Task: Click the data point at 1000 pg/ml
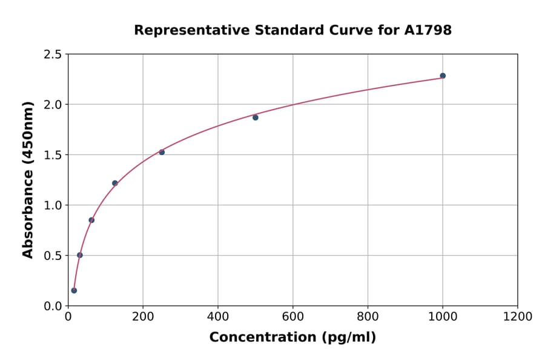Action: pos(443,76)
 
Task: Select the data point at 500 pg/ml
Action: pos(256,118)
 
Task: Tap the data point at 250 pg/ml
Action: pos(162,152)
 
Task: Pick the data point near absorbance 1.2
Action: pos(115,183)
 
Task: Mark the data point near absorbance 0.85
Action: pos(91,220)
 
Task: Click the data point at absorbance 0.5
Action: pos(80,255)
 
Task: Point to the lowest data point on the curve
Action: pos(74,290)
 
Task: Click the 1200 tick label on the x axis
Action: pos(518,317)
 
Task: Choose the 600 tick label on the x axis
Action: pos(293,317)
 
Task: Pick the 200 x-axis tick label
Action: pos(143,317)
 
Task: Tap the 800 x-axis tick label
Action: pos(368,317)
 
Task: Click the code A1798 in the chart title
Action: pos(428,30)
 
